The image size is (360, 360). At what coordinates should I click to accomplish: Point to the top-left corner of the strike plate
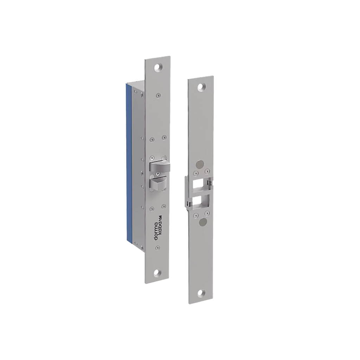pyautogui.click(x=188, y=78)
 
